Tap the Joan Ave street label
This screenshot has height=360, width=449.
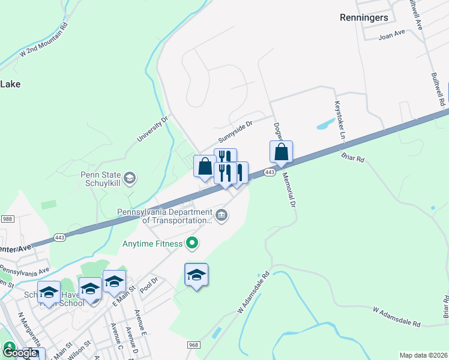pos(392,37)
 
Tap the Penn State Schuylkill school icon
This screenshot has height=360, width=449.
pos(130,178)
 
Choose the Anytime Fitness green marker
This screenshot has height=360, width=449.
pos(192,243)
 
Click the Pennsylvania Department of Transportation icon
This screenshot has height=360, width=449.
pos(221,215)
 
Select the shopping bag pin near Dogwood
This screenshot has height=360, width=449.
pos(281,153)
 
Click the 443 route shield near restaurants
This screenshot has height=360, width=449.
pos(270,173)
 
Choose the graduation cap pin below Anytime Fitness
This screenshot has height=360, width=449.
pos(196,275)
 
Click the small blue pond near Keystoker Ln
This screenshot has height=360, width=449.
pos(325,124)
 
